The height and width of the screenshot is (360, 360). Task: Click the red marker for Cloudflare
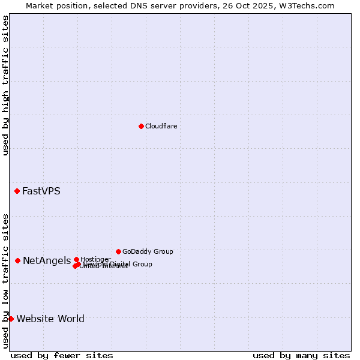(141, 126)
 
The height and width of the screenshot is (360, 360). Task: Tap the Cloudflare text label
(161, 126)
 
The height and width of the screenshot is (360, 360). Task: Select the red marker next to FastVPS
(17, 191)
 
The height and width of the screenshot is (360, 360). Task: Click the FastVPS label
(41, 191)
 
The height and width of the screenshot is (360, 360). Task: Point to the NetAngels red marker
(18, 260)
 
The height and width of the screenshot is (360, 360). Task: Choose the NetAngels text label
(46, 260)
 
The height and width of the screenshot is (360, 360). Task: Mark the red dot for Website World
(11, 319)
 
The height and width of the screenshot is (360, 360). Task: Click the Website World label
(50, 319)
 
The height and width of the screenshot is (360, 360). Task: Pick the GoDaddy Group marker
(118, 251)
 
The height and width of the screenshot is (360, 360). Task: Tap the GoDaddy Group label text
(148, 251)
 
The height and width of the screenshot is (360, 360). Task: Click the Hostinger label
(95, 259)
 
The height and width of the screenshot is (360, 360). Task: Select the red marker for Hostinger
(76, 259)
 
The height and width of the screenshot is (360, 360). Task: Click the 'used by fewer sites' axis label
(62, 355)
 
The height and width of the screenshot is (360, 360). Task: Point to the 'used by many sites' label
(301, 355)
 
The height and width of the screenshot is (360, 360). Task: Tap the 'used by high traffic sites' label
(5, 85)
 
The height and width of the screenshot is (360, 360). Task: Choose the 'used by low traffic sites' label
(5, 281)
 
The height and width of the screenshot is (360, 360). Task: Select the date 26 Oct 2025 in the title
(256, 5)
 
